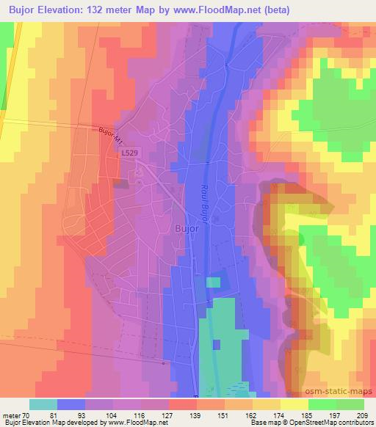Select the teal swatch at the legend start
(43, 404)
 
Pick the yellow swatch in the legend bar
(294, 404)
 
